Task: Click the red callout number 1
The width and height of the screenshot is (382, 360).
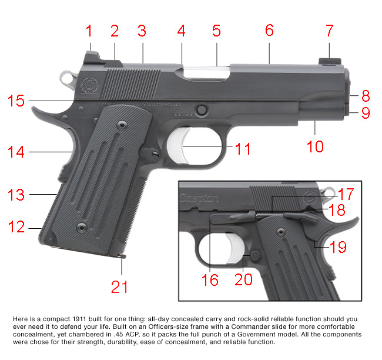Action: pos(89,30)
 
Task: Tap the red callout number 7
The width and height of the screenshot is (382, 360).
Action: pos(329,30)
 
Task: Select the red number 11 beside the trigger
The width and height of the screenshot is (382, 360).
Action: pos(242,149)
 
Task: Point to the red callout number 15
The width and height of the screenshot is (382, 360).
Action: pos(16,101)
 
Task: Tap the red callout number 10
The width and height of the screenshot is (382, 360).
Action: pos(315,145)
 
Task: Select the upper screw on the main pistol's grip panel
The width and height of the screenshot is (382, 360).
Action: pos(121,125)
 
